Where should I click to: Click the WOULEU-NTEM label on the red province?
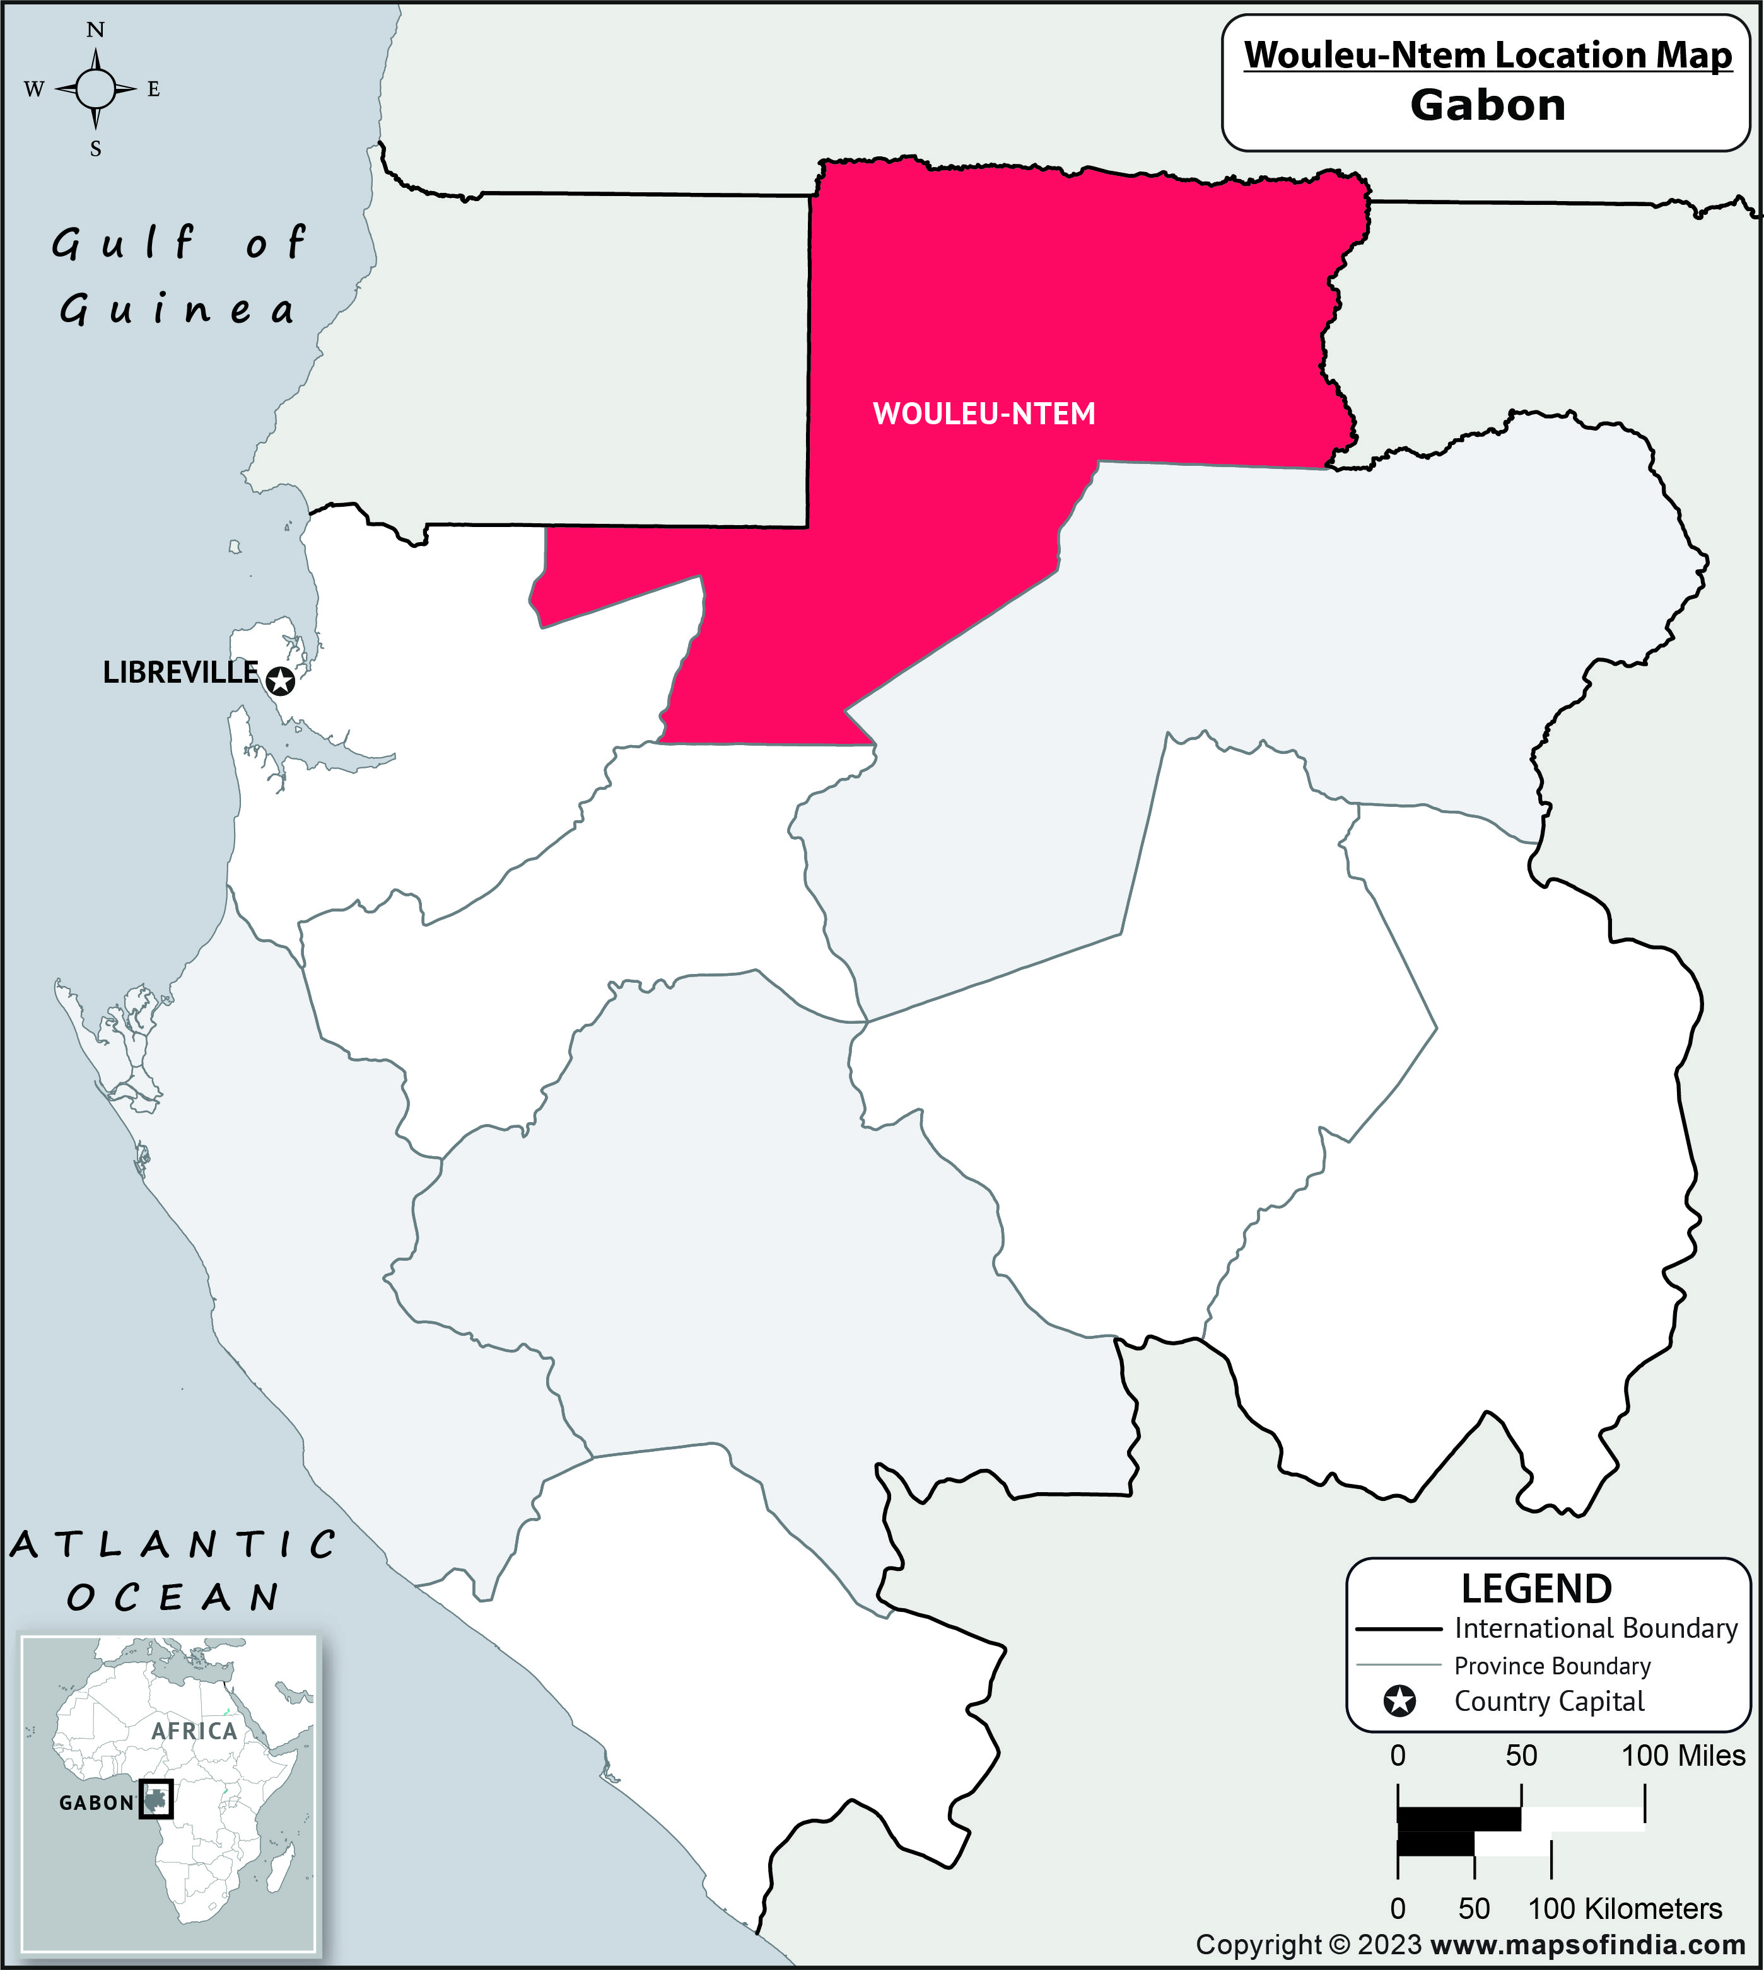(x=984, y=414)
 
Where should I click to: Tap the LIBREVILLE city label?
(x=180, y=673)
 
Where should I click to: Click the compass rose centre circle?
(x=95, y=89)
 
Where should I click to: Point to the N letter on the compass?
(x=95, y=30)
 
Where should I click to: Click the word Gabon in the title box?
(x=1487, y=105)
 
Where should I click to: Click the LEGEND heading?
(x=1536, y=1589)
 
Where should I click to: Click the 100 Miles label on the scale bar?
(x=1683, y=1755)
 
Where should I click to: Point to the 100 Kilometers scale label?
(x=1625, y=1908)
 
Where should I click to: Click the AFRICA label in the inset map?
(x=194, y=1730)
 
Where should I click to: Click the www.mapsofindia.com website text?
(x=1587, y=1945)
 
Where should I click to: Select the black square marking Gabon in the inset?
(x=155, y=1799)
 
